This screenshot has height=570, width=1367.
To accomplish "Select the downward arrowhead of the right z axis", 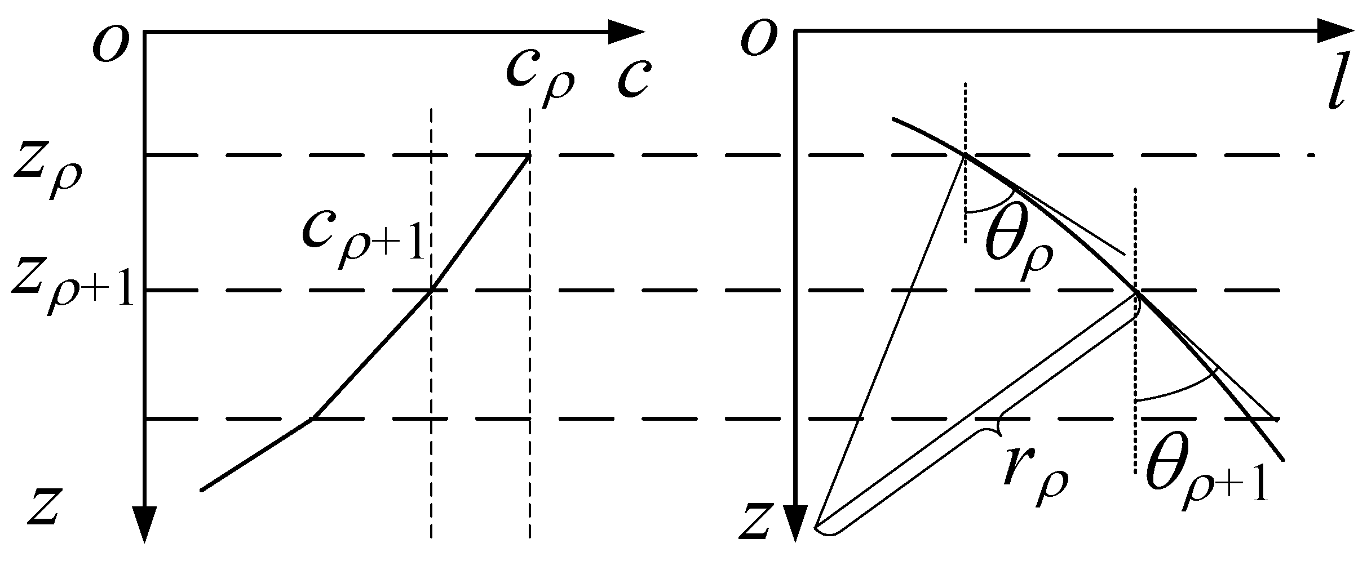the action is (x=795, y=524).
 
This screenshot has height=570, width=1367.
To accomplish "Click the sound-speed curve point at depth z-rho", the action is (x=528, y=156).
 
